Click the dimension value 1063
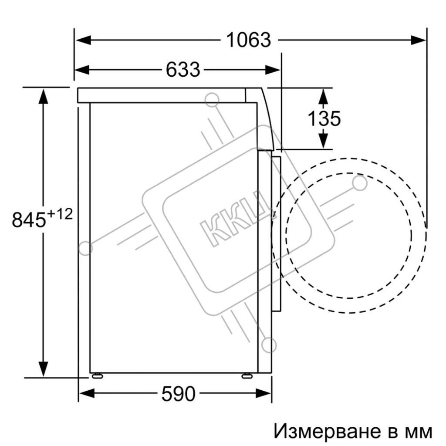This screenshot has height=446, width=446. (248, 40)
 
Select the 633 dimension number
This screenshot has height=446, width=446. (183, 70)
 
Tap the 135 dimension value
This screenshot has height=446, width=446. (324, 118)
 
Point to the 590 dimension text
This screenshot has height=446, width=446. (178, 394)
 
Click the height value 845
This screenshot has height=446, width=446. (29, 220)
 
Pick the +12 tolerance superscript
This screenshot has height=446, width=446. (60, 214)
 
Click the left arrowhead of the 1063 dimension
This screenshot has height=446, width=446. (83, 40)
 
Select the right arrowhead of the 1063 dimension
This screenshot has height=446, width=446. (419, 40)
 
